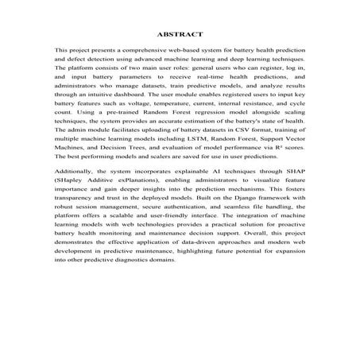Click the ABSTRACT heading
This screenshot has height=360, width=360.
pos(180,35)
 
